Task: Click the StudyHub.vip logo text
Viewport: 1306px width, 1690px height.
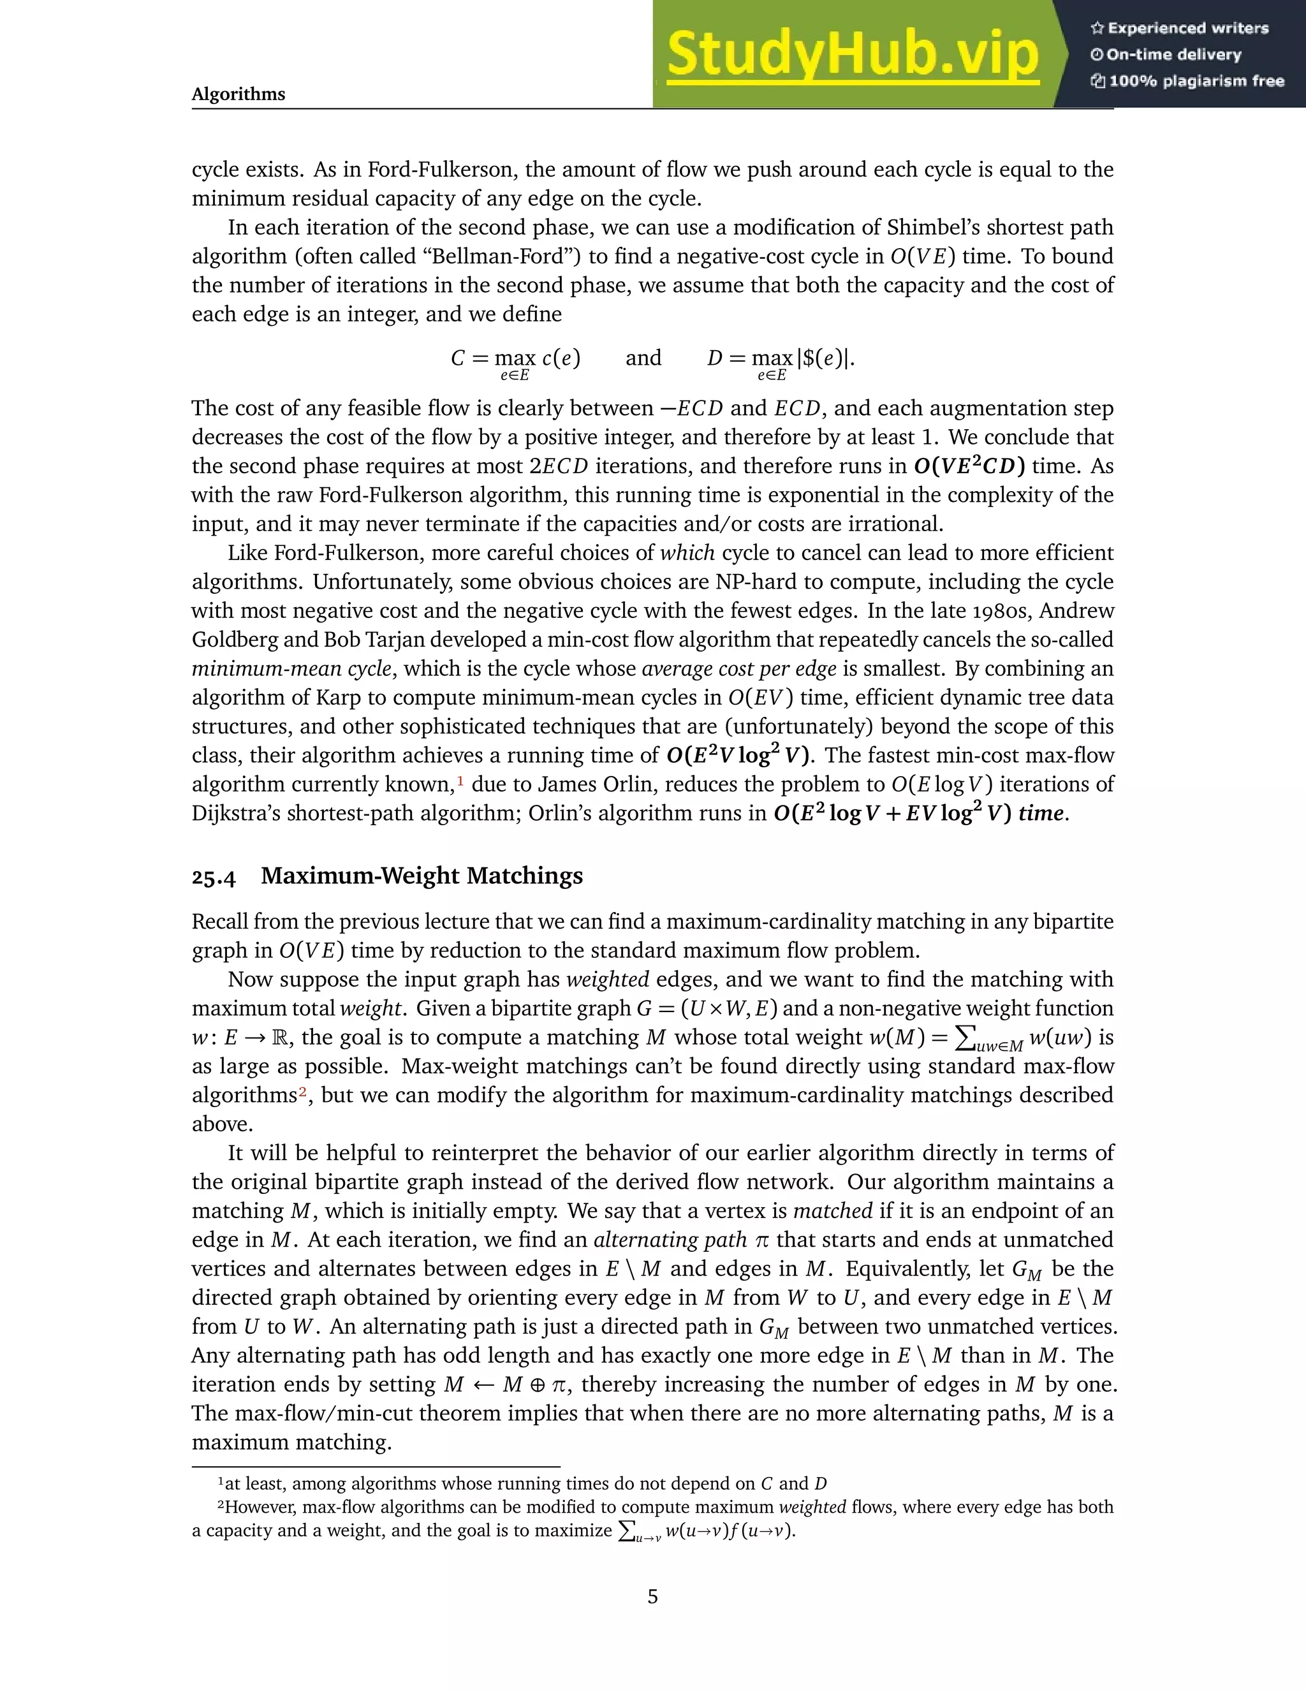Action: pyautogui.click(x=852, y=54)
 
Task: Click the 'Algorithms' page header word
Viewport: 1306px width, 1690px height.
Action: pyautogui.click(x=238, y=94)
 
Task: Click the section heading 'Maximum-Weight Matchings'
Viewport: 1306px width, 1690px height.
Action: pyautogui.click(x=422, y=876)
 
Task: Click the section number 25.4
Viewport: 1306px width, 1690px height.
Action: pyautogui.click(x=214, y=877)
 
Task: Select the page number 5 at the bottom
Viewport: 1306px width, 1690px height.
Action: pyautogui.click(x=652, y=1596)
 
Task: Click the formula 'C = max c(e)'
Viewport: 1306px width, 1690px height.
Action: pyautogui.click(x=516, y=359)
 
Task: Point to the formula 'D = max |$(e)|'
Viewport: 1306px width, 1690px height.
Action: pyautogui.click(x=781, y=359)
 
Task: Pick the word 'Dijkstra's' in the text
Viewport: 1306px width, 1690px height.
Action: pyautogui.click(x=235, y=813)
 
